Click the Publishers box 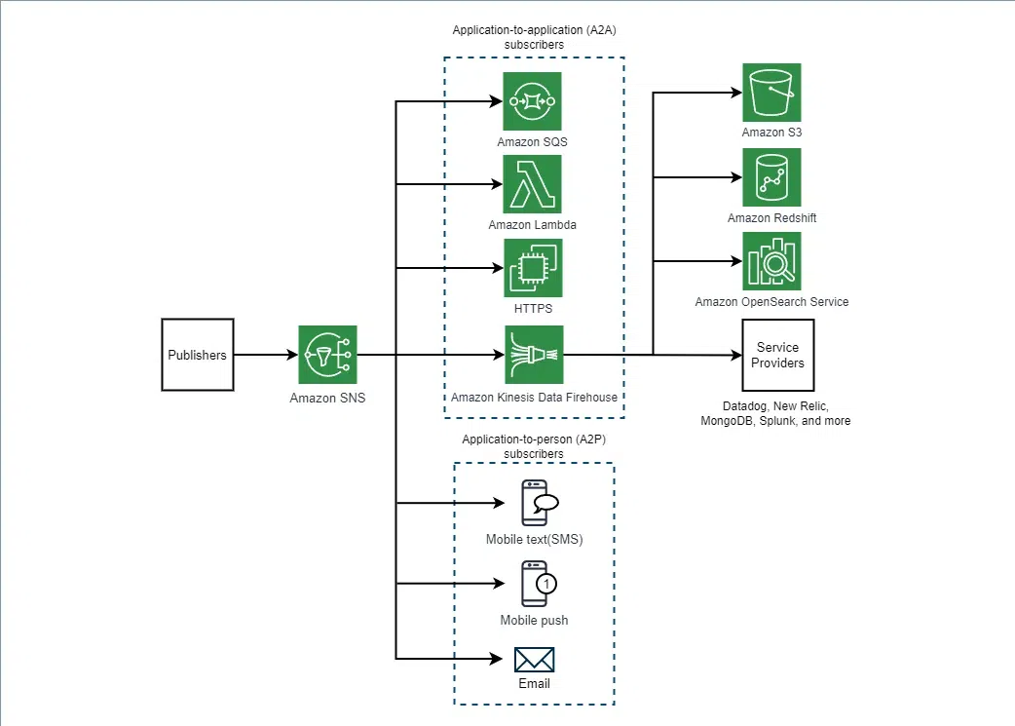tap(197, 355)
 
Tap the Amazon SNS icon tap(327, 355)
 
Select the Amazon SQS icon tap(532, 101)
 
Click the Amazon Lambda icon tap(532, 184)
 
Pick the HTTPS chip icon tap(533, 268)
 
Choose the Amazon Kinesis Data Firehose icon tap(534, 355)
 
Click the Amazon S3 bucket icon tap(771, 93)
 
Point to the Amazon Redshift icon tap(771, 177)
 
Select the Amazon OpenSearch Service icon tap(771, 261)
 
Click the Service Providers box tap(778, 355)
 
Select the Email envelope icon tap(535, 660)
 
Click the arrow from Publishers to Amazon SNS tap(266, 355)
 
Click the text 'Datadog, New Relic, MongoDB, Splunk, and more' tap(775, 412)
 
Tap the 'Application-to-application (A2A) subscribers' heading tap(534, 37)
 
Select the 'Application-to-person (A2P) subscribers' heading tap(534, 446)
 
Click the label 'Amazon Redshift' tap(771, 218)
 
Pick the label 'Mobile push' tap(534, 621)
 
